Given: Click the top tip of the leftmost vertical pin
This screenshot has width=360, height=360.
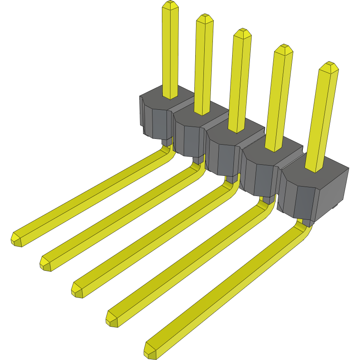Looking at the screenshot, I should tap(170, 5).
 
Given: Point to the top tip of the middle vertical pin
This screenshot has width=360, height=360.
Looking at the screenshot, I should tap(242, 32).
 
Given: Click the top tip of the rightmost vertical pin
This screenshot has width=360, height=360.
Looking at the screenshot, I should tap(329, 66).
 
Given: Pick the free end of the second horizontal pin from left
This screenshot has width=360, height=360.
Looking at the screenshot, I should tap(46, 263).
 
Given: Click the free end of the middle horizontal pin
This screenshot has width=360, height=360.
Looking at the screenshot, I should tap(77, 290).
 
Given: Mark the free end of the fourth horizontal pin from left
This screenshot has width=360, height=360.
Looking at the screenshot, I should tap(112, 319).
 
